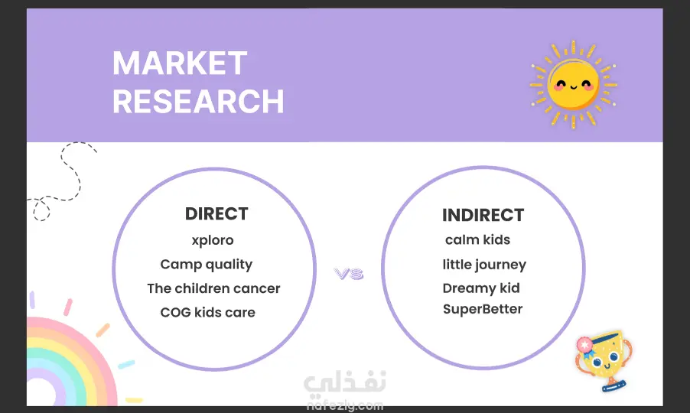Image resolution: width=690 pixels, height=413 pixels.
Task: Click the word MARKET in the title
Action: [180, 63]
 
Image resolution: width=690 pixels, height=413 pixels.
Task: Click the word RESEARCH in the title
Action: [198, 101]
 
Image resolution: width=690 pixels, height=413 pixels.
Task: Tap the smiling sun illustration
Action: [574, 84]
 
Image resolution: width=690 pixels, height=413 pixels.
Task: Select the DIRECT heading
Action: [216, 213]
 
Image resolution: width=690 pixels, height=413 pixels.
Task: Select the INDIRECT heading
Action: [483, 215]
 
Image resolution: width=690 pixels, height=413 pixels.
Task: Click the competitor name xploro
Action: [213, 241]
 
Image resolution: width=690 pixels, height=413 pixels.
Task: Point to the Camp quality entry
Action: [207, 265]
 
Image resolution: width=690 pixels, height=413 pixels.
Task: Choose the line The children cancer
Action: [213, 288]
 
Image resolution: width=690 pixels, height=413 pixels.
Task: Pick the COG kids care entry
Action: [208, 312]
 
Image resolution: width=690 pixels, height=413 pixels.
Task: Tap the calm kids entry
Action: [478, 239]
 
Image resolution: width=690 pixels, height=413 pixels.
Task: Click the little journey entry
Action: [484, 265]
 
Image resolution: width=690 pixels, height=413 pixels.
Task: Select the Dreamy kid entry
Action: [481, 288]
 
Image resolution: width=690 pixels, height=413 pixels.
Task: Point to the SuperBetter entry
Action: [483, 309]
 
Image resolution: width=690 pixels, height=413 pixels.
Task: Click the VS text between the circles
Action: [349, 274]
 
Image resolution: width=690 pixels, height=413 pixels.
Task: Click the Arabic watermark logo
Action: [345, 381]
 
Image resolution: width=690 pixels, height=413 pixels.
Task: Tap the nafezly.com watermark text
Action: [345, 405]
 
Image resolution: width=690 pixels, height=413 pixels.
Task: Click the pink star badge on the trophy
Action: [584, 345]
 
